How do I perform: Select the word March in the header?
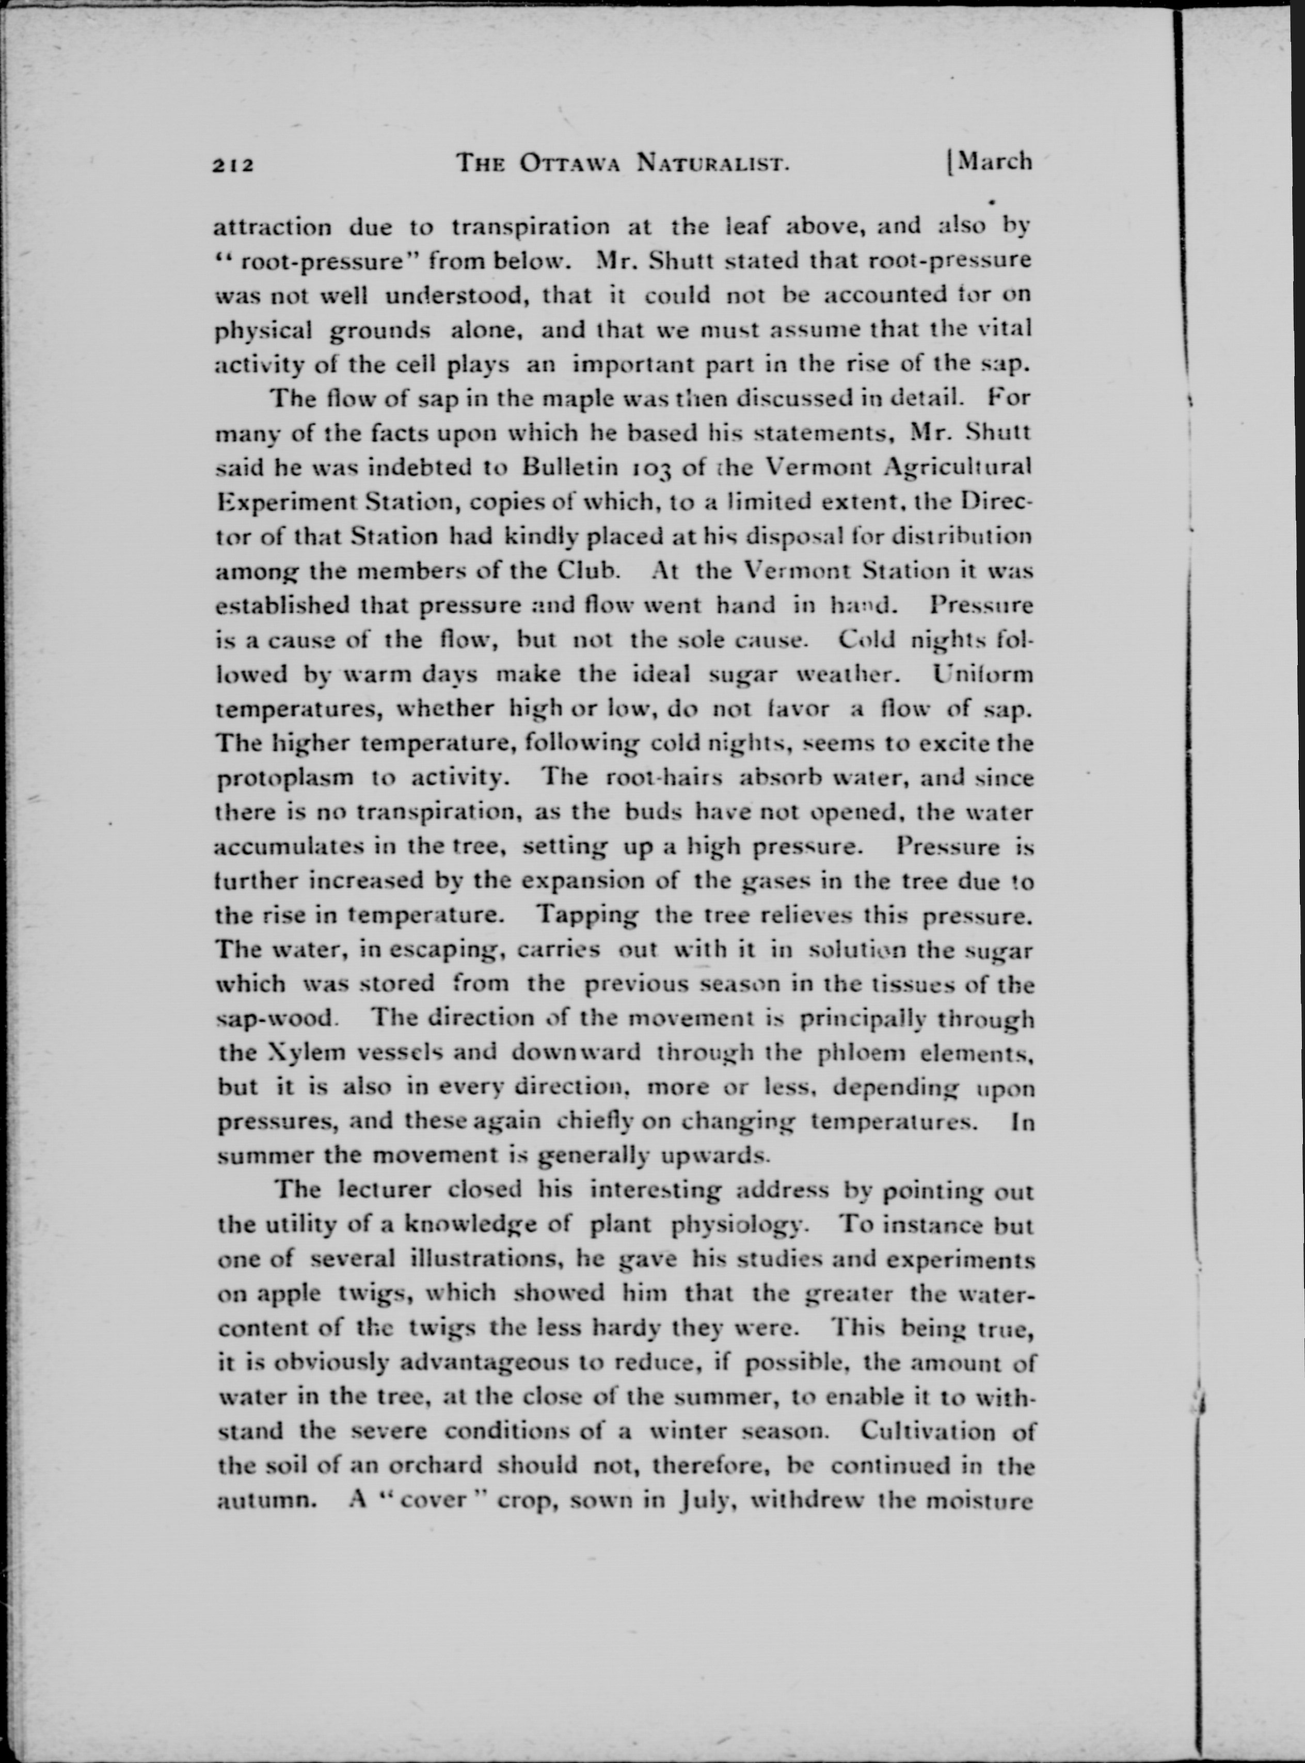pos(994,161)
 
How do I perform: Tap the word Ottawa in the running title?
pos(569,164)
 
